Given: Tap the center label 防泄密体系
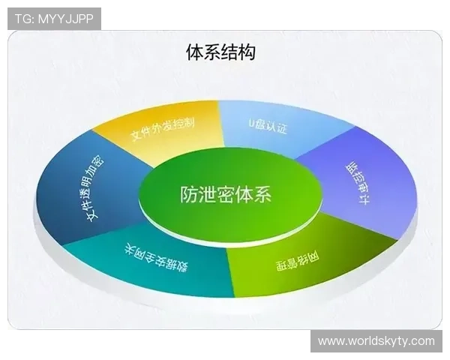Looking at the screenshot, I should pos(226,195).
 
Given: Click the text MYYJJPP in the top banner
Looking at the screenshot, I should pos(64,19).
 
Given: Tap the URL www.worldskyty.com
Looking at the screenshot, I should pos(376,341).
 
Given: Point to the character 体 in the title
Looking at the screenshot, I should pos(193,52).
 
